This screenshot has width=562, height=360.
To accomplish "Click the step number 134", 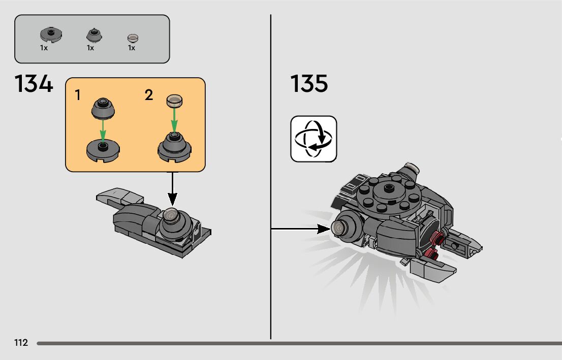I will point(34,84).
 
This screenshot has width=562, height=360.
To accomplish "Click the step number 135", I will point(309,84).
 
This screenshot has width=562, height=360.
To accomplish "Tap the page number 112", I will point(21,343).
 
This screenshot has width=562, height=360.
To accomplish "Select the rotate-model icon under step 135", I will point(314,139).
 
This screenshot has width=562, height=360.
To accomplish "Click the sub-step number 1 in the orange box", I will point(78,95).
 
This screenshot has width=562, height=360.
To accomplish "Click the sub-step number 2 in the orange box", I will point(148,95).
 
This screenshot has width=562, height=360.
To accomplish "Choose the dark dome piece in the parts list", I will point(93,35).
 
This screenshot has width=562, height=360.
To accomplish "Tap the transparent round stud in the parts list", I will point(133,38).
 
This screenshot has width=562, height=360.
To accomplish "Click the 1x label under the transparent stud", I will point(132,48).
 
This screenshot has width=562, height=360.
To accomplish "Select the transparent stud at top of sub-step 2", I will point(174,100).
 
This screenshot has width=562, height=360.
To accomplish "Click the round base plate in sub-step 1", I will point(103,150).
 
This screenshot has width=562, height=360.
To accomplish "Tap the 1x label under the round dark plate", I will point(44,48).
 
